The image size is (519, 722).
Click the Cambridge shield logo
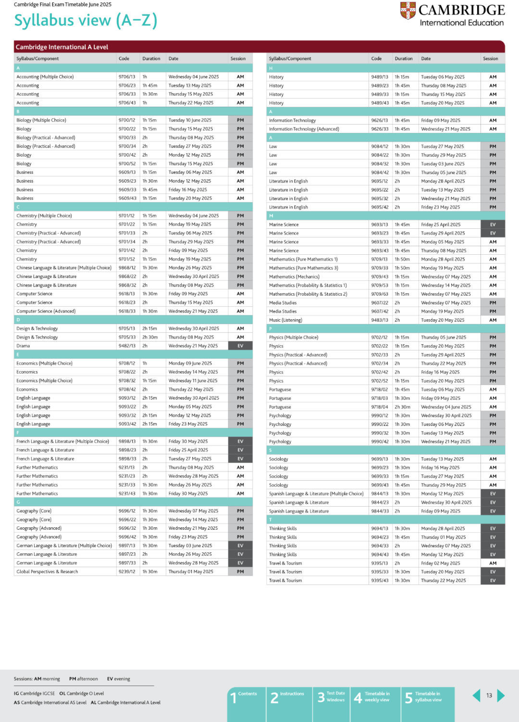pyautogui.click(x=408, y=11)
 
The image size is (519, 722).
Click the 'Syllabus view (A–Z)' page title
pyautogui.click(x=86, y=20)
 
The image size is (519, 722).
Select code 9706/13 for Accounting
pyautogui.click(x=127, y=77)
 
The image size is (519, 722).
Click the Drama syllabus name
pyautogui.click(x=23, y=346)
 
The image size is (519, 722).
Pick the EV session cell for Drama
pyautogui.click(x=240, y=346)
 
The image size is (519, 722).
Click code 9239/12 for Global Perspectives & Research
pyautogui.click(x=127, y=572)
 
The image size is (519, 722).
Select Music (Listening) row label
pyautogui.click(x=285, y=320)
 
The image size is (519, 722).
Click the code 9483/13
pyautogui.click(x=380, y=320)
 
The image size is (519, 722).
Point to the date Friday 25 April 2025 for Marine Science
pyautogui.click(x=441, y=224)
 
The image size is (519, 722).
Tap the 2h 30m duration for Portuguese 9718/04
pyautogui.click(x=402, y=407)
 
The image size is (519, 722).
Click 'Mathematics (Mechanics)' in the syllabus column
pyautogui.click(x=294, y=277)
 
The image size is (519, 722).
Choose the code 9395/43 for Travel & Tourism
pyautogui.click(x=380, y=581)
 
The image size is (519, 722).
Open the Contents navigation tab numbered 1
pyautogui.click(x=247, y=697)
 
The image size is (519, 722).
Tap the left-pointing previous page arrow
pyautogui.click(x=476, y=696)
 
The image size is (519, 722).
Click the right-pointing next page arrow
pyautogui.click(x=501, y=696)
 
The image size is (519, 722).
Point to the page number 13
pyautogui.click(x=489, y=696)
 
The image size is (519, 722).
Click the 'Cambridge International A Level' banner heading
pyautogui.click(x=62, y=47)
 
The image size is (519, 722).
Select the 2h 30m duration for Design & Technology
pyautogui.click(x=149, y=337)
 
